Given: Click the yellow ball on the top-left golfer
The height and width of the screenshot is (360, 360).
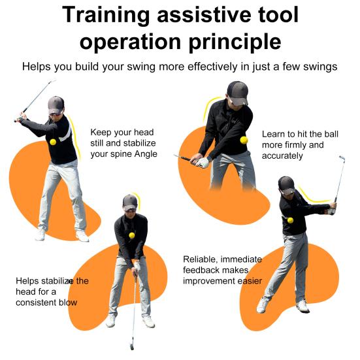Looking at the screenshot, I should (53, 142).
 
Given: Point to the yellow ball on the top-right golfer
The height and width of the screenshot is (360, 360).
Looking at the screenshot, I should (244, 140).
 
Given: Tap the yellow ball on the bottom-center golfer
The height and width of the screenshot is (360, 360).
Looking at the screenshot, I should (131, 235).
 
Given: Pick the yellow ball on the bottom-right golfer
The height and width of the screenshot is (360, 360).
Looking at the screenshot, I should (290, 220).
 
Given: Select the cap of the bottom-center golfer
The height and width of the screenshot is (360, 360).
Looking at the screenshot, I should (130, 201).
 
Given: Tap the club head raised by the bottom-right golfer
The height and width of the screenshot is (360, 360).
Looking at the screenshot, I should (342, 158).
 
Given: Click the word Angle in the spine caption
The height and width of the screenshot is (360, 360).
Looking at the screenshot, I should (145, 155).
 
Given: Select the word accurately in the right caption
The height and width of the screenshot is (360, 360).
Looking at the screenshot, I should (282, 156).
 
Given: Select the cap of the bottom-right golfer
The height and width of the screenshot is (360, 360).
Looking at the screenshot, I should (286, 183).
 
